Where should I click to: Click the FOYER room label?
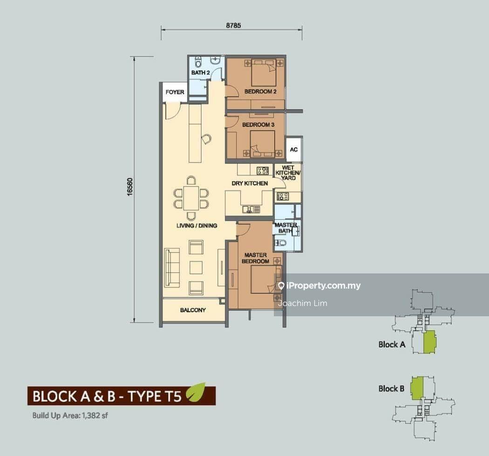click(x=175, y=92)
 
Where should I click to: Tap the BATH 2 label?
click(x=200, y=73)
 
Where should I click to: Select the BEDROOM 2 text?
click(x=260, y=92)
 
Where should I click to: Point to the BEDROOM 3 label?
click(x=258, y=125)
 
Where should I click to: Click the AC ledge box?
click(x=294, y=150)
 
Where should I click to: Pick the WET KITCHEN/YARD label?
click(x=288, y=173)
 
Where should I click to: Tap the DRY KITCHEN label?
click(x=250, y=184)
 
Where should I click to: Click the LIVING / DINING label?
click(x=197, y=225)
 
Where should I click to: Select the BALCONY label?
click(x=193, y=310)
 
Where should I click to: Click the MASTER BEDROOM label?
click(x=255, y=258)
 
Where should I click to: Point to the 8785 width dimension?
click(x=233, y=26)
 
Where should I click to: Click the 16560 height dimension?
click(x=130, y=187)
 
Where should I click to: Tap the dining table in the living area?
click(x=191, y=198)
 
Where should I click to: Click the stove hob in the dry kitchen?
click(x=263, y=170)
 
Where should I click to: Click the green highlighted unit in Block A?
click(x=430, y=342)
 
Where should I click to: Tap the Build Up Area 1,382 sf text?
click(x=70, y=415)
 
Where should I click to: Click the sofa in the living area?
click(x=172, y=268)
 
